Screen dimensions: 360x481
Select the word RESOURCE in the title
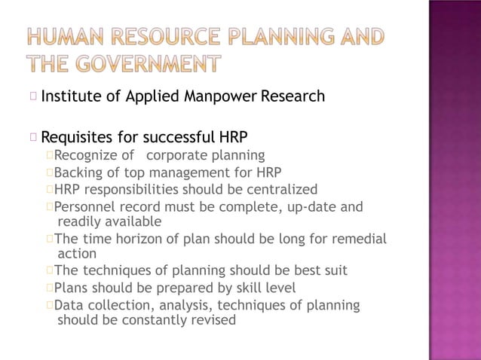(x=166, y=35)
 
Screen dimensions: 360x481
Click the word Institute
(x=70, y=96)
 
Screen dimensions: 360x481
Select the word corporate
(x=177, y=156)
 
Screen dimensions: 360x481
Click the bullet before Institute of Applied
(x=34, y=96)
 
